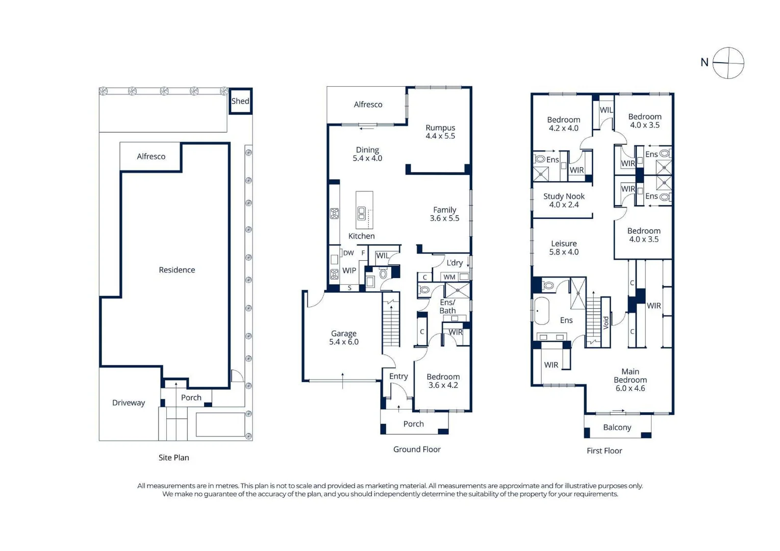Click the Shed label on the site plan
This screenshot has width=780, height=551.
[x=240, y=101]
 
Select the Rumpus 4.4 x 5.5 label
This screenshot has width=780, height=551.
[x=440, y=132]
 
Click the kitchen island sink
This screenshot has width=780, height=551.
[x=362, y=213]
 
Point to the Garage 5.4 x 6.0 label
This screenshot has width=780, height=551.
[x=344, y=338]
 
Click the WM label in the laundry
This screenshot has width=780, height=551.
[x=449, y=277]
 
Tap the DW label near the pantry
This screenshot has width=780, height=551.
[x=348, y=253]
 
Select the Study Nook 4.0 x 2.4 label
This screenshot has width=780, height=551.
[x=564, y=201]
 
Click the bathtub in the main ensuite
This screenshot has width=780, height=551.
[x=541, y=311]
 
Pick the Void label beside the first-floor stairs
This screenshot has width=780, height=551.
[x=606, y=322]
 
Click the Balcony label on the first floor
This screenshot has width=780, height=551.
[x=617, y=428]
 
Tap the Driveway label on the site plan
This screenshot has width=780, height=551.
[x=129, y=403]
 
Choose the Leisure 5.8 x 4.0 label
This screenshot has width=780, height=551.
[x=564, y=247]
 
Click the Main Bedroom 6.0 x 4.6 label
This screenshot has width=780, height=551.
[x=630, y=380]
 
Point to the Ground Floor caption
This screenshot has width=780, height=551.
[x=417, y=449]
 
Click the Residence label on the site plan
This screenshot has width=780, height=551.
[x=177, y=270]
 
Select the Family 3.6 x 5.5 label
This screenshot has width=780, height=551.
[x=444, y=214]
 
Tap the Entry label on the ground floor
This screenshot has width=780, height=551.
[x=398, y=377]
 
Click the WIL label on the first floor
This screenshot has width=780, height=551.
[x=606, y=110]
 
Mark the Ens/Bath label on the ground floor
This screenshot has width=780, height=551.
[x=447, y=307]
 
